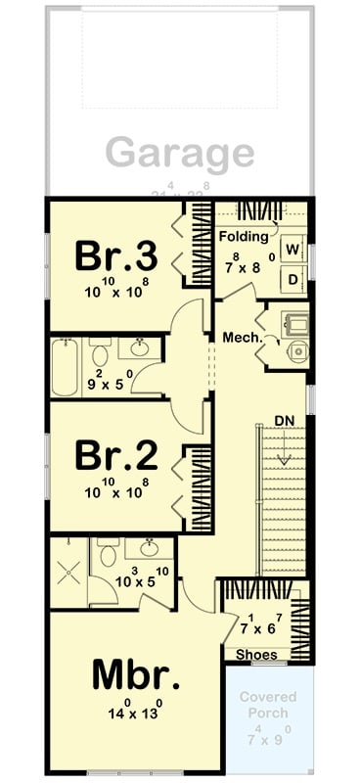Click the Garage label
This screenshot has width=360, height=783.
(180, 154)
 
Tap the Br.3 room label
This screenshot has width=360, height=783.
(116, 256)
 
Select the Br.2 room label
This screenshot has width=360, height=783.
(116, 456)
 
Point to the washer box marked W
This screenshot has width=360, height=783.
(292, 249)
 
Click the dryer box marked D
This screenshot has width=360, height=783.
(292, 279)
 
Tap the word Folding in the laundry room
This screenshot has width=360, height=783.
(243, 237)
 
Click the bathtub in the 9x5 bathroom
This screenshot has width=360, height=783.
(67, 367)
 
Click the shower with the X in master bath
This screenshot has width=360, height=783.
(68, 574)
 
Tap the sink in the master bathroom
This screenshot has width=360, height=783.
(149, 549)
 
